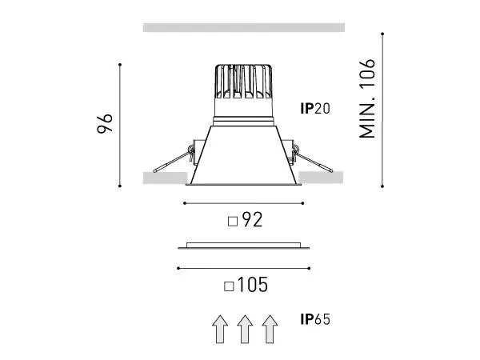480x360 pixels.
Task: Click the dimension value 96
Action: (x=105, y=123)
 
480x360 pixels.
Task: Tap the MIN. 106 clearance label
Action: (x=366, y=98)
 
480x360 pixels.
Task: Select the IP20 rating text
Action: (x=315, y=109)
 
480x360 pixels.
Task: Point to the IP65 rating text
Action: (x=315, y=319)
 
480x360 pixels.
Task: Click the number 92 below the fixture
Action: (x=252, y=219)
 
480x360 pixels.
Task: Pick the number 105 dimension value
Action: (x=253, y=285)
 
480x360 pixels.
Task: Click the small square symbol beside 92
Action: (x=233, y=222)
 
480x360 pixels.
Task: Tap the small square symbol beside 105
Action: (x=229, y=286)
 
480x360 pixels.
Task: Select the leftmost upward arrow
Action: (x=220, y=330)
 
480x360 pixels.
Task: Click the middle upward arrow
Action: (x=245, y=330)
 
